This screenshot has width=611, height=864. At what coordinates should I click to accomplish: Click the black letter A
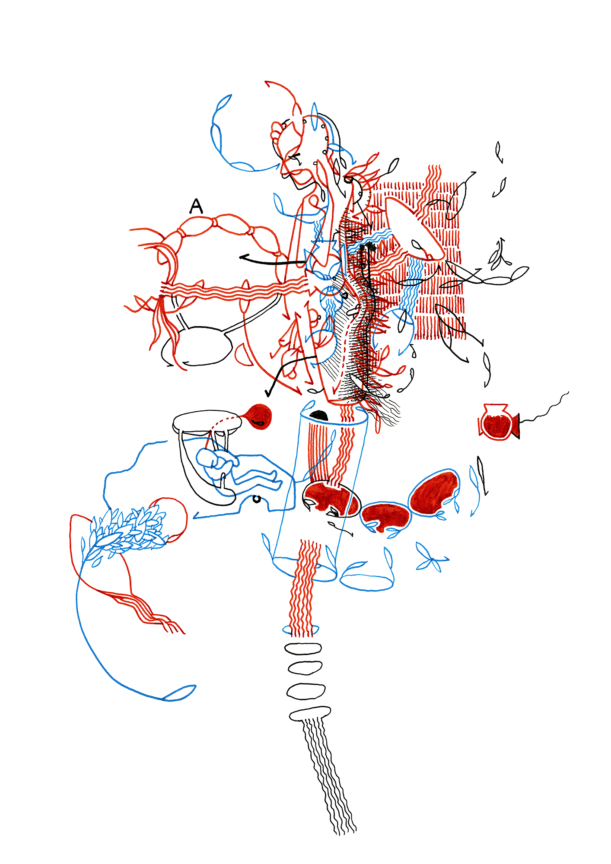pyautogui.click(x=196, y=206)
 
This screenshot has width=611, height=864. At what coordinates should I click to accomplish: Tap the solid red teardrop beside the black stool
pyautogui.click(x=258, y=417)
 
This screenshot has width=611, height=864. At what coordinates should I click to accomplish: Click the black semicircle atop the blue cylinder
pyautogui.click(x=320, y=416)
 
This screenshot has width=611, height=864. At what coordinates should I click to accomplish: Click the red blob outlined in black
pyautogui.click(x=331, y=500)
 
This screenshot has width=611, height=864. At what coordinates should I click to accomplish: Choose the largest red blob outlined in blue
pyautogui.click(x=433, y=494)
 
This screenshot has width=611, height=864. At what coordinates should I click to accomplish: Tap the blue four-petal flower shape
pyautogui.click(x=431, y=557)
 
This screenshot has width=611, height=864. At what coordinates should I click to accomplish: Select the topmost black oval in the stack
pyautogui.click(x=303, y=648)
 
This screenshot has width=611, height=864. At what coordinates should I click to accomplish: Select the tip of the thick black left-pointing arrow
pyautogui.click(x=240, y=257)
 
